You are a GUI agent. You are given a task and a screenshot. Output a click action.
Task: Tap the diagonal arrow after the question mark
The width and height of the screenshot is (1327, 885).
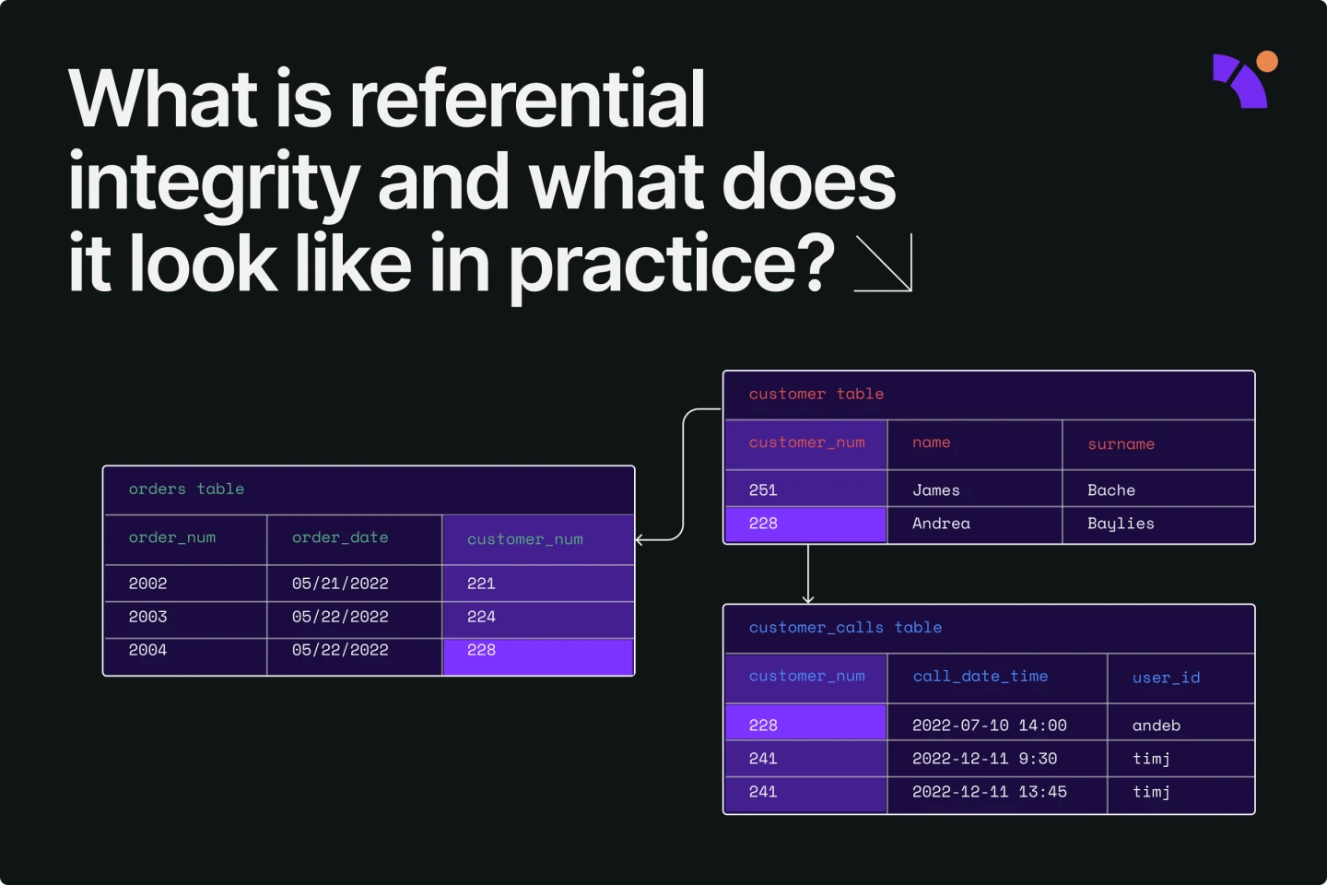pyautogui.click(x=884, y=264)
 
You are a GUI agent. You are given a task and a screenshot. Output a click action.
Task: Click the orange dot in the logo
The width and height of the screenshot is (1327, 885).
pyautogui.click(x=1267, y=62)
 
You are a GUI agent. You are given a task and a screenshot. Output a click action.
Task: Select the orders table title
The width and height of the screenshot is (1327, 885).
pyautogui.click(x=186, y=490)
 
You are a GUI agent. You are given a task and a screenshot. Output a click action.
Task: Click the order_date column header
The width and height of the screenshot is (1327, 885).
pyautogui.click(x=340, y=537)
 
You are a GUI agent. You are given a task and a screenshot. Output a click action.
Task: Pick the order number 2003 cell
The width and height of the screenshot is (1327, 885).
pyautogui.click(x=148, y=617)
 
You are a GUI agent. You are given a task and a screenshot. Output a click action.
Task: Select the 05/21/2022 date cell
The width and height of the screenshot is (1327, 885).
pyautogui.click(x=340, y=584)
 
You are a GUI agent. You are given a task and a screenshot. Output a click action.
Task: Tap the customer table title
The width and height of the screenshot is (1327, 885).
pyautogui.click(x=816, y=395)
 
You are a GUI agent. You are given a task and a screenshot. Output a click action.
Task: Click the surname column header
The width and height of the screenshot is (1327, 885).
pyautogui.click(x=1121, y=444)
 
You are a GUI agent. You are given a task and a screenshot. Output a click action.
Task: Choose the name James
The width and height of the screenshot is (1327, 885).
pyautogui.click(x=935, y=490)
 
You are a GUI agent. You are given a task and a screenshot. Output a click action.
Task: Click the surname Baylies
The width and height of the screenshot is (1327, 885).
pyautogui.click(x=1121, y=524)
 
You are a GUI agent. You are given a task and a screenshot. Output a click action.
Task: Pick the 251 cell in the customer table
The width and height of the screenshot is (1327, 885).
pyautogui.click(x=763, y=490)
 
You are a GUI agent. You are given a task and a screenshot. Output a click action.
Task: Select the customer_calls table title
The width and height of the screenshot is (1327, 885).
pyautogui.click(x=845, y=628)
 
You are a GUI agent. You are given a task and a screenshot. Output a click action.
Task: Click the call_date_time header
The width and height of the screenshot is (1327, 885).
pyautogui.click(x=980, y=677)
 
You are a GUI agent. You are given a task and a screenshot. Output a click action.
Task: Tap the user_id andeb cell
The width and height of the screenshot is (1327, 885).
pyautogui.click(x=1156, y=726)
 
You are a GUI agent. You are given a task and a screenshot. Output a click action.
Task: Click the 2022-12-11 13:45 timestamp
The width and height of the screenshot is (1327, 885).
pyautogui.click(x=989, y=792)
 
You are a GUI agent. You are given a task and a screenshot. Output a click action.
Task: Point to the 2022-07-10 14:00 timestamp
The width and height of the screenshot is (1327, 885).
pyautogui.click(x=989, y=726)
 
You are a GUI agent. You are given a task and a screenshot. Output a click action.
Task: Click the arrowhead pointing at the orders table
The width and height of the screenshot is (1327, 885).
pyautogui.click(x=640, y=540)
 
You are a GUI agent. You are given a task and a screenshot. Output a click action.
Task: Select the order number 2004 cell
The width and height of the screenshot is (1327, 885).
pyautogui.click(x=148, y=650)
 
